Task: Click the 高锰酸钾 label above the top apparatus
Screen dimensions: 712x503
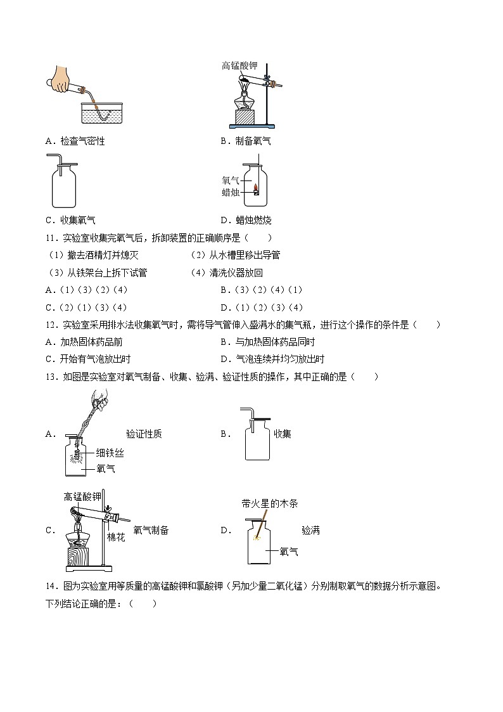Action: pyautogui.click(x=239, y=65)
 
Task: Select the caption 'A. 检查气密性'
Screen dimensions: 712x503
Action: pyautogui.click(x=75, y=141)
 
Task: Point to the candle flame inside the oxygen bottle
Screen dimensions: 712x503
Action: pyautogui.click(x=257, y=187)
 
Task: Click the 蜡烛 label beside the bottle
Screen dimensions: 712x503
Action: pyautogui.click(x=231, y=193)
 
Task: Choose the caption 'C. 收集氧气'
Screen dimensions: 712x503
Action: pyautogui.click(x=70, y=220)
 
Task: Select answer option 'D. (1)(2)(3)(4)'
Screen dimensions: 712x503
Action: pyautogui.click(x=262, y=307)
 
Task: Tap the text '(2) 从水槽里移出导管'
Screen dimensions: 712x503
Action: pyautogui.click(x=235, y=255)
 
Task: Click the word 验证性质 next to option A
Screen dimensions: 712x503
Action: pyautogui.click(x=144, y=434)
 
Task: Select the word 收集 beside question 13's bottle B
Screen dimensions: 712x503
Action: pyautogui.click(x=283, y=434)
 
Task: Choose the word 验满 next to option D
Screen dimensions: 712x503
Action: pyautogui.click(x=310, y=530)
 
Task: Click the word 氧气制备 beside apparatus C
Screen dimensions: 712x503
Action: pyautogui.click(x=151, y=530)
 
